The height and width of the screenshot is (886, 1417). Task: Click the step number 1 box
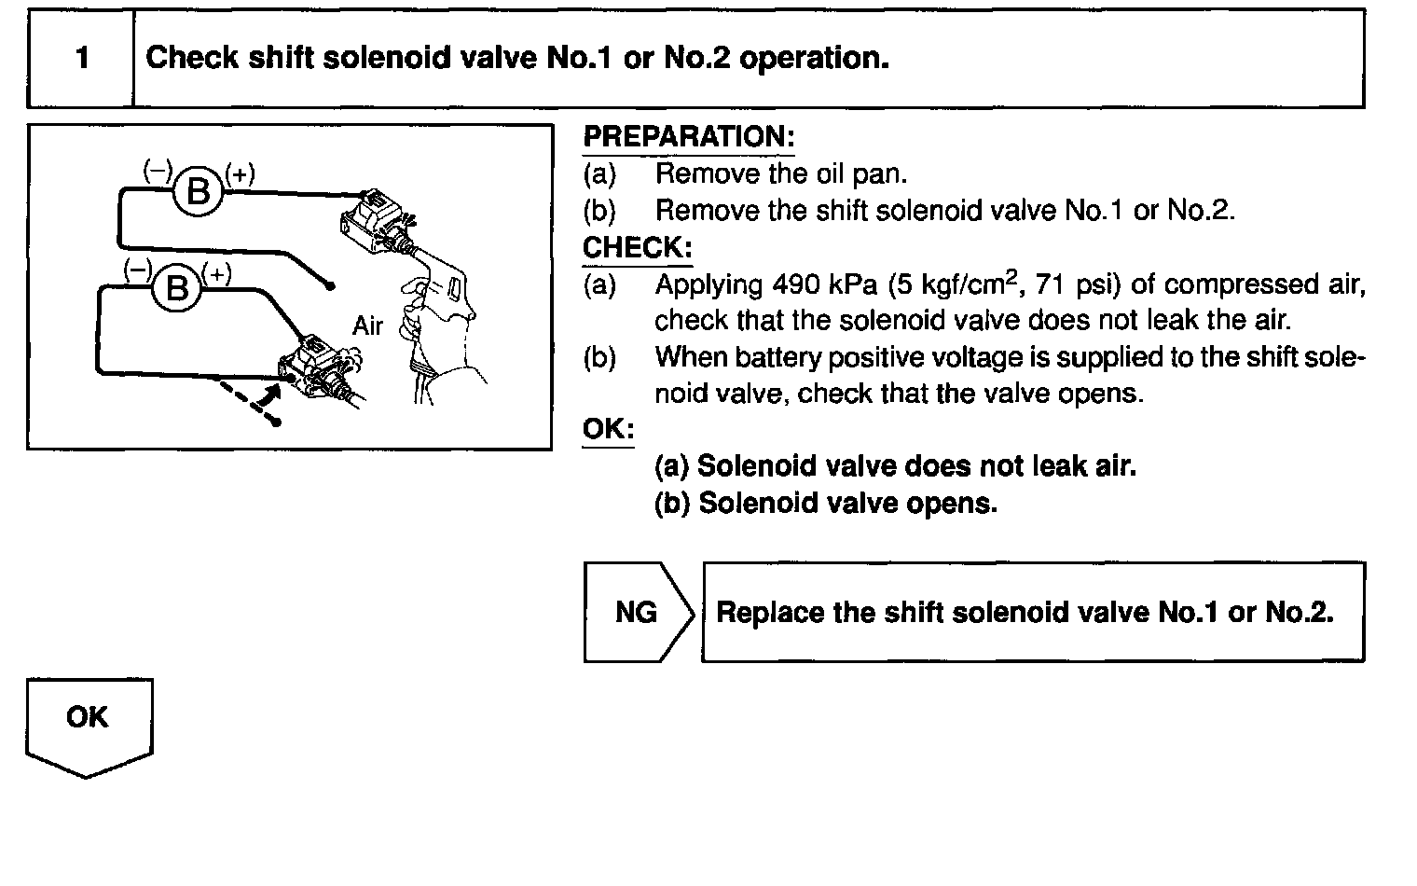point(82,59)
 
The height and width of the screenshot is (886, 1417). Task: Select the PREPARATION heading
point(689,137)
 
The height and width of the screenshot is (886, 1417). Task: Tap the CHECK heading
point(638,248)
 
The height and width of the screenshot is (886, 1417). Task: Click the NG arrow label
point(637,612)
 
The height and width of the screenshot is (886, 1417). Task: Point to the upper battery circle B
point(198,192)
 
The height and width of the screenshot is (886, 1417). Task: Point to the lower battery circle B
point(176,288)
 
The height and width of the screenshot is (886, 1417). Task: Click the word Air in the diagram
point(367,325)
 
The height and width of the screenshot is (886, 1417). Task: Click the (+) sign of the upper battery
point(240,173)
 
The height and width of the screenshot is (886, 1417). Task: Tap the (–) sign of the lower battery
point(138,270)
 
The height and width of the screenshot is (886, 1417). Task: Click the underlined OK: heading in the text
point(608,429)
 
